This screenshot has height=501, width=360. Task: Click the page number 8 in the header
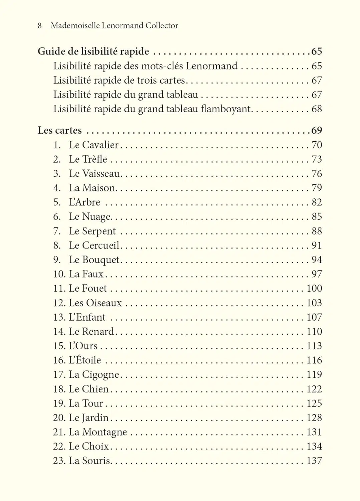pos(40,25)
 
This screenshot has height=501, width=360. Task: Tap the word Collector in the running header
pos(162,25)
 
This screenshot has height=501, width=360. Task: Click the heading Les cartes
pos(59,130)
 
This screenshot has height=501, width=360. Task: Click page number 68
pos(317,109)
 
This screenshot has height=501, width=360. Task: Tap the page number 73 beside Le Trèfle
pos(317,159)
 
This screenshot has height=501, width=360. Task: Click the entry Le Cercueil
pos(94,245)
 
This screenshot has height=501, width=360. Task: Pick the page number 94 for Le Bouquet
pos(317,260)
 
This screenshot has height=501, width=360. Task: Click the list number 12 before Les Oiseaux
pos(59,303)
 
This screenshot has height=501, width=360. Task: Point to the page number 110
pos(314,331)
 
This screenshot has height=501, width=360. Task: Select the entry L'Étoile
pos(85,360)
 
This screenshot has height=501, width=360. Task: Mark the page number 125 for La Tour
pos(314,403)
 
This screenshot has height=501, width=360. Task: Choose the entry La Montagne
pos(98,432)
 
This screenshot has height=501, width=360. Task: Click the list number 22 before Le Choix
pos(59,446)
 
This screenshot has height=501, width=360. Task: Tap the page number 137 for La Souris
pos(314,461)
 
